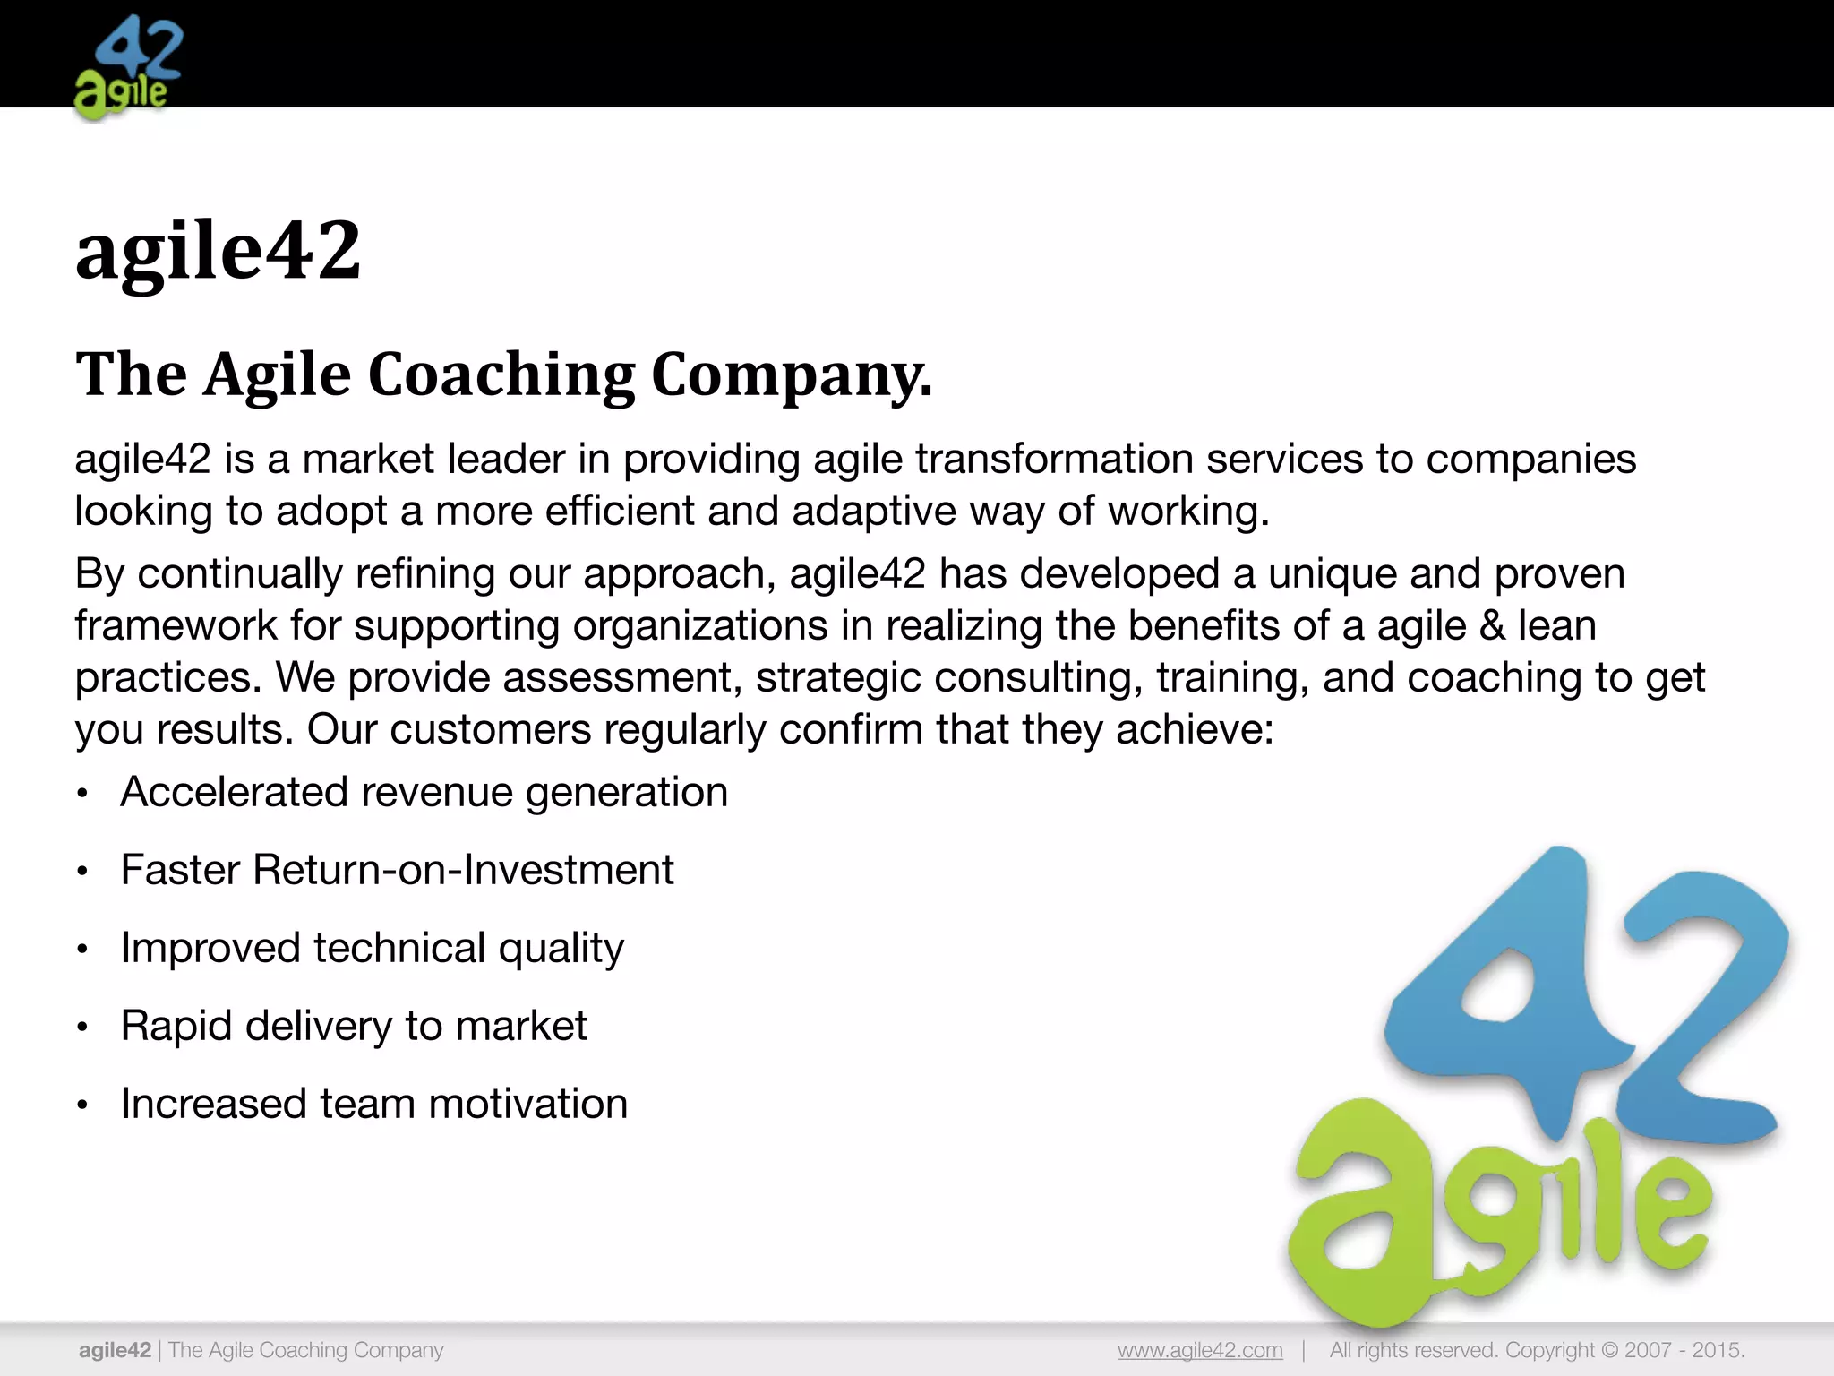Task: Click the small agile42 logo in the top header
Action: [x=128, y=67]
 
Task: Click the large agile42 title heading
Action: [x=218, y=251]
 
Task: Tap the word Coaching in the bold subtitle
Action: [x=501, y=374]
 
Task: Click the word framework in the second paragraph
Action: [x=176, y=625]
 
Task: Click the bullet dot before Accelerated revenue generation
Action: [x=82, y=794]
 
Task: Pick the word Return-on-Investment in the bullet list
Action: [x=463, y=870]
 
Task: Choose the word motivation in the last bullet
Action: [x=528, y=1104]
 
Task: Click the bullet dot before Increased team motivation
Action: [x=82, y=1105]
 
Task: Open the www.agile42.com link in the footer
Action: [x=1200, y=1350]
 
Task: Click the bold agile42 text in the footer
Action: [x=115, y=1350]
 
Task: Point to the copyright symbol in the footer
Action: [x=1609, y=1350]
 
